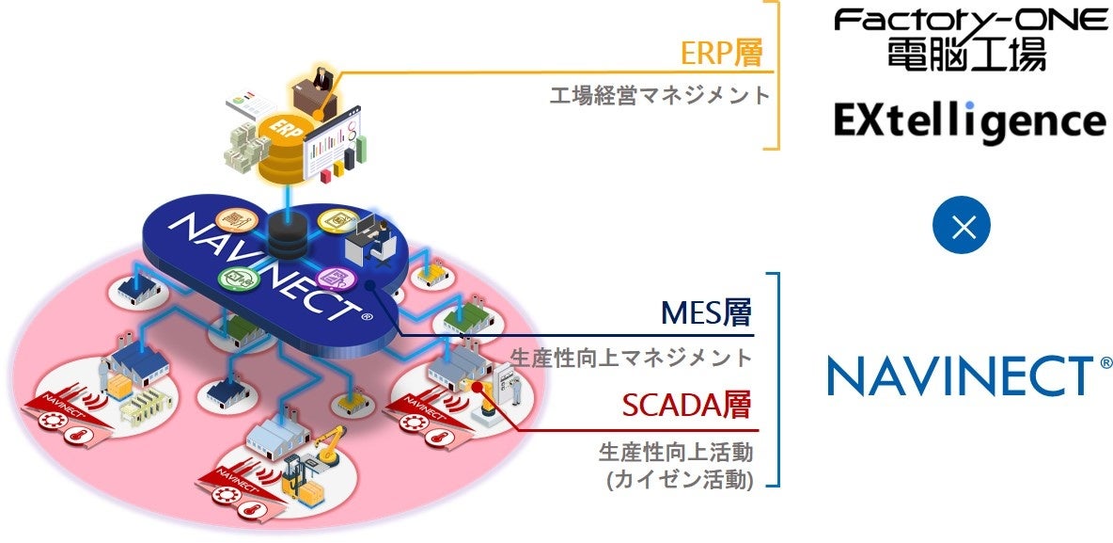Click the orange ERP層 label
coord(721,52)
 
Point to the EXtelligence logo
coord(969,121)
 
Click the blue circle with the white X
coord(964,228)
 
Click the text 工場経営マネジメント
coord(659,95)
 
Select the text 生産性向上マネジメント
coord(632,358)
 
